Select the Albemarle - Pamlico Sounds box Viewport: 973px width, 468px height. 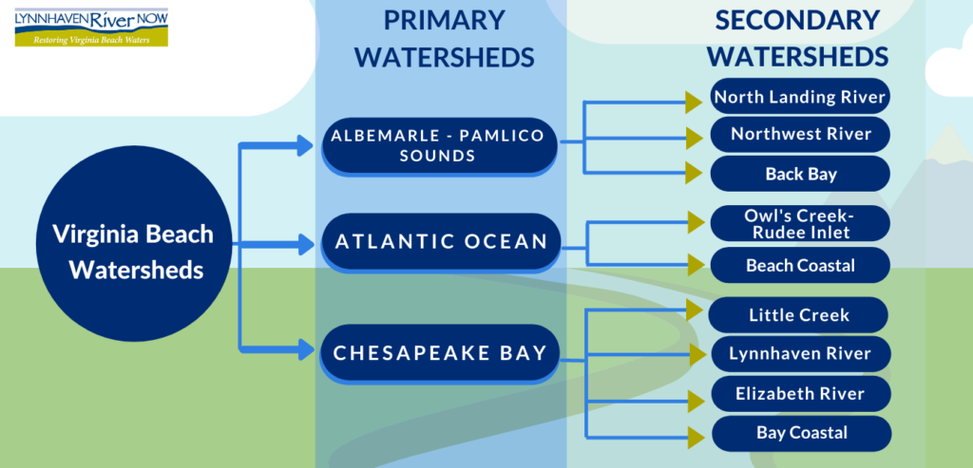438,146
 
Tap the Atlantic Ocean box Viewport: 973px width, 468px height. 442,241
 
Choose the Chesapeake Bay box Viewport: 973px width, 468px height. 440,353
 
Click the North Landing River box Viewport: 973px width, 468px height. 800,97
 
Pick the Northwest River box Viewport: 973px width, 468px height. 800,135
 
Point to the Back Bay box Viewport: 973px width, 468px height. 800,174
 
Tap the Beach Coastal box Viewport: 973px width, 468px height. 800,266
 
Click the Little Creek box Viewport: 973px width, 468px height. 799,314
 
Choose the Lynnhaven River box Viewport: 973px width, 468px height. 800,354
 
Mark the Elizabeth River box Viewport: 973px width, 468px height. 800,393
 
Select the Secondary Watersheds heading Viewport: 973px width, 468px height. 797,38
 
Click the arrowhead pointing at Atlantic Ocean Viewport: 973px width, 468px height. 305,244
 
